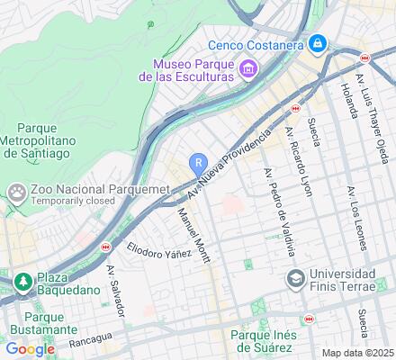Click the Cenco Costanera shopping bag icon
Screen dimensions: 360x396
[x=318, y=43]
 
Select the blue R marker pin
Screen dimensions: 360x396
[x=197, y=162]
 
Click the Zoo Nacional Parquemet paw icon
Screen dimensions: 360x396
[x=16, y=191]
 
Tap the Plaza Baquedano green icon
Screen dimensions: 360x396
[x=22, y=282]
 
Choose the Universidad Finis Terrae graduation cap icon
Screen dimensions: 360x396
[x=295, y=279]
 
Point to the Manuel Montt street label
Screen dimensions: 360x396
[x=193, y=236]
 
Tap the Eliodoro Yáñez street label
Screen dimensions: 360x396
[x=158, y=249]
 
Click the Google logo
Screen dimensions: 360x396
[x=30, y=349]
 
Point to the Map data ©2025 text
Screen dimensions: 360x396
[x=358, y=353]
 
